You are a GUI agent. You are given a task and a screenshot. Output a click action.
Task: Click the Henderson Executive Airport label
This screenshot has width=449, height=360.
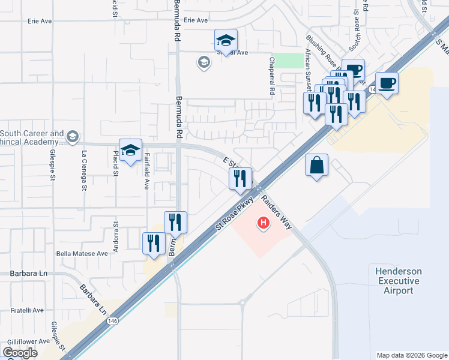tap(398, 281)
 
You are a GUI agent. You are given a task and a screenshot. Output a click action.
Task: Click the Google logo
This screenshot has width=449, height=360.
tap(20, 353)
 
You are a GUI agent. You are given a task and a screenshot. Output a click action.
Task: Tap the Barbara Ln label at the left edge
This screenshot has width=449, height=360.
tap(28, 274)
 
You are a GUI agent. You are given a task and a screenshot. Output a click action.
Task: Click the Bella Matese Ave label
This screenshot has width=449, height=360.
tap(82, 254)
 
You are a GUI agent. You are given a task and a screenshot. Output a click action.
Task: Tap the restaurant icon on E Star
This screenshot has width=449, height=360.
tap(240, 178)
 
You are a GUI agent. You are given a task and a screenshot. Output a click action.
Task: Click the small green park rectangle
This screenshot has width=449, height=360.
tap(288, 61)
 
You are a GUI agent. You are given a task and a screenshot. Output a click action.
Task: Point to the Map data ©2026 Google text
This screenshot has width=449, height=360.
tap(411, 355)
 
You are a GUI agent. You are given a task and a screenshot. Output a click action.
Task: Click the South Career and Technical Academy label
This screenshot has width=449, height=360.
tap(32, 137)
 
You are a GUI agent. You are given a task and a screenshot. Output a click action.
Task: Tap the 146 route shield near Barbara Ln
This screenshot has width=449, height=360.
tap(112, 322)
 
